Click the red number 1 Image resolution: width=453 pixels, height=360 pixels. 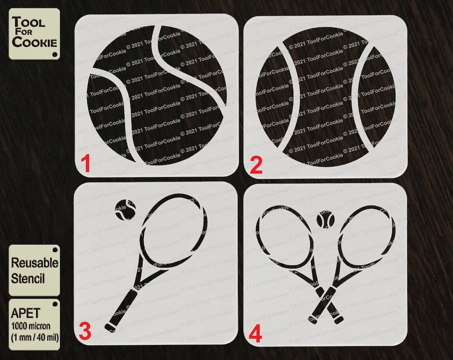point(85,165)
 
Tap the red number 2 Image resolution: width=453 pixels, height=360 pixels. point(256,166)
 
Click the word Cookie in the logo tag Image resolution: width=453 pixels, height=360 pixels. point(34,42)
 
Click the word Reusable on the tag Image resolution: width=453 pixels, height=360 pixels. point(34,263)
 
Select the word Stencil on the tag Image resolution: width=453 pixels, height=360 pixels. point(28,279)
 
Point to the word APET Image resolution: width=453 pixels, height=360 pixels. point(26,313)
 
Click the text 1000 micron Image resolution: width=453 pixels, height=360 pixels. point(31,326)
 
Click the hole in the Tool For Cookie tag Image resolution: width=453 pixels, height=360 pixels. point(54,55)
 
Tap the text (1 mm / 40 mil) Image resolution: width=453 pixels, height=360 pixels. point(34,336)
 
